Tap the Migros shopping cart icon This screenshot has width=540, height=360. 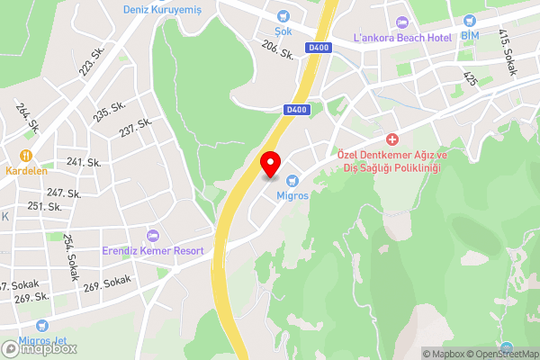(292, 180)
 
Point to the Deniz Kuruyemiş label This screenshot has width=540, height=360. (163, 10)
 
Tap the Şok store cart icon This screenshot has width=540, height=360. (283, 15)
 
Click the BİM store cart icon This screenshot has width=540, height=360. (469, 20)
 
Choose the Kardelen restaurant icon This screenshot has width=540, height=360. (26, 154)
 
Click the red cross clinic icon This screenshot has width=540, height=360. (392, 140)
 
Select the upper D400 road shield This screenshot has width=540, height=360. (318, 47)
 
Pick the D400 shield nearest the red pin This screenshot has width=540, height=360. (295, 109)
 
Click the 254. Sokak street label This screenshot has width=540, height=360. (69, 252)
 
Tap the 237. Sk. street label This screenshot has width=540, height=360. (134, 129)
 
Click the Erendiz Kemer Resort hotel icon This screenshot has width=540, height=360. (152, 235)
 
